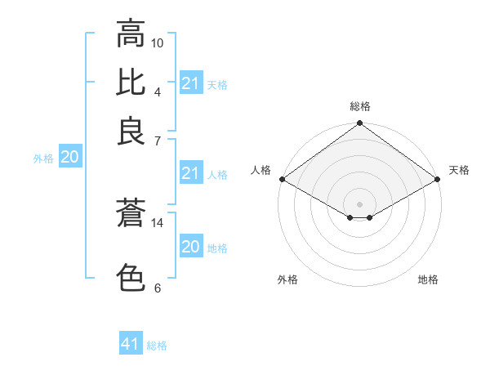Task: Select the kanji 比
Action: tap(131, 83)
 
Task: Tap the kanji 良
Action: tap(131, 132)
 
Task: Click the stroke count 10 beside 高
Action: tap(158, 42)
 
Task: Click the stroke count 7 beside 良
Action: tap(158, 141)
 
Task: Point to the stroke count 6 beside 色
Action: tap(158, 288)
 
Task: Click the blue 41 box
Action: tap(131, 344)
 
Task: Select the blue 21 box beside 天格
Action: tap(191, 83)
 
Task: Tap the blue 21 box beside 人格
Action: tap(191, 173)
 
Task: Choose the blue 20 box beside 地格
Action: tap(191, 247)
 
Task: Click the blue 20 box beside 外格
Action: tap(70, 158)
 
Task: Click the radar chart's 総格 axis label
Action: tap(360, 106)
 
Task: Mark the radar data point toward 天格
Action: tap(438, 179)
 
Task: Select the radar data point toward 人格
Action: tap(282, 179)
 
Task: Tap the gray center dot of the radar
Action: tap(360, 203)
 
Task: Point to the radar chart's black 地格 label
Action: tap(428, 280)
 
